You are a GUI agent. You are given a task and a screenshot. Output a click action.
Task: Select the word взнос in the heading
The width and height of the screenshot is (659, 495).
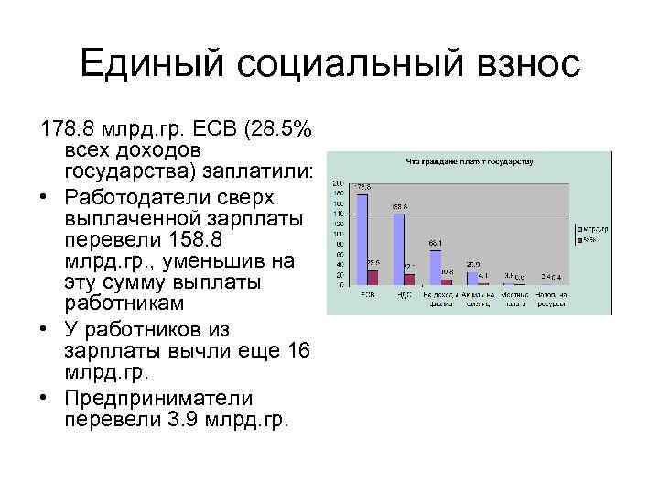524,65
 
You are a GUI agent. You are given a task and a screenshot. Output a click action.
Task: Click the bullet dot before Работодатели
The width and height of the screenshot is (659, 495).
46,197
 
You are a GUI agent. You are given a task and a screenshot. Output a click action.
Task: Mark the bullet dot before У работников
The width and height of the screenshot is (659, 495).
46,329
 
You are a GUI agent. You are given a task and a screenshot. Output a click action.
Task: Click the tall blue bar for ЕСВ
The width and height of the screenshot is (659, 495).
362,238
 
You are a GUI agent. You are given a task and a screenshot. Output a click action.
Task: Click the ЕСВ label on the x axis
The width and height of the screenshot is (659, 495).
367,295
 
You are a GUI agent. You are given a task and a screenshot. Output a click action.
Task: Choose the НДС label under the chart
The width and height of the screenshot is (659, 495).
403,295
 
